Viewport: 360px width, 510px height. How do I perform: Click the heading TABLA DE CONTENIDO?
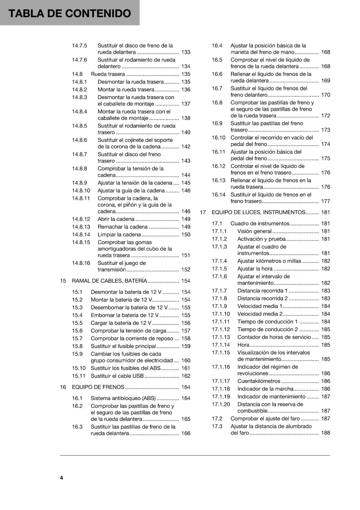coord(69,13)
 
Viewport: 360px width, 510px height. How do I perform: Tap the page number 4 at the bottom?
coord(61,477)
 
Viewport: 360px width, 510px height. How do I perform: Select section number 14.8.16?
coord(81,263)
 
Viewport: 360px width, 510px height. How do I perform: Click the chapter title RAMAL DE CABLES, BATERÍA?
coord(109,281)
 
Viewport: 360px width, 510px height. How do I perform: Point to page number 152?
coord(185,270)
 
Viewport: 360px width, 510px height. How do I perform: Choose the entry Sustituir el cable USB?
coord(117,376)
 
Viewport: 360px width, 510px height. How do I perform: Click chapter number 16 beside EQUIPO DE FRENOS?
coord(63,387)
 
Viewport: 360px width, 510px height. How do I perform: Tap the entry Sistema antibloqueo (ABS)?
coord(123,398)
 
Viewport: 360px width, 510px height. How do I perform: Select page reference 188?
coord(325,433)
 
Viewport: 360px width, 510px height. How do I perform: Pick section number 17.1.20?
coord(221,404)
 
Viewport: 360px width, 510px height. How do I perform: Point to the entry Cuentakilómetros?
coord(258,381)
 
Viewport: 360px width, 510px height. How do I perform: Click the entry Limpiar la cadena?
coord(119,235)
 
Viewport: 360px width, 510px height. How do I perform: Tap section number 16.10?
coord(218,138)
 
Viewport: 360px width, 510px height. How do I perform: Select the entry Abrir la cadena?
coord(116,219)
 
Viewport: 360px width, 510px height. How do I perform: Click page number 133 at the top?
coord(185,52)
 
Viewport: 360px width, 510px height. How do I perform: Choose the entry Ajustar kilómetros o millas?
coord(269,261)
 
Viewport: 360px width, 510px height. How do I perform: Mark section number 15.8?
coord(77,346)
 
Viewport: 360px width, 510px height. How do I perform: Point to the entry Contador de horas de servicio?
coord(274,337)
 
